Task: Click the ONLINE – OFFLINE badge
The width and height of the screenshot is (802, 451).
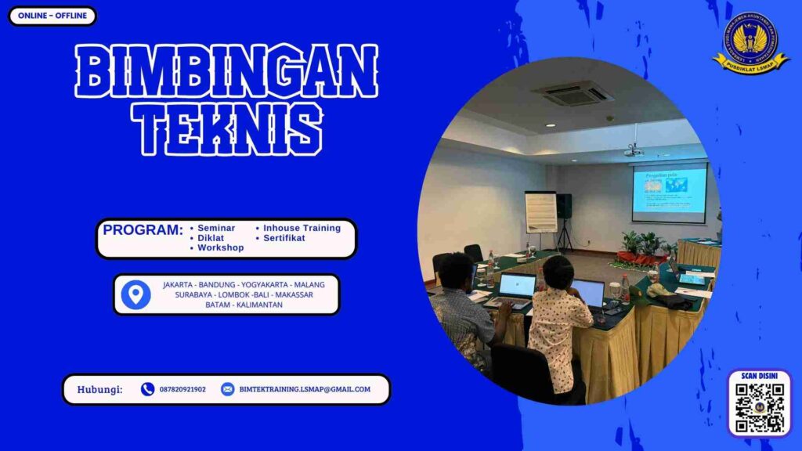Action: [52, 16]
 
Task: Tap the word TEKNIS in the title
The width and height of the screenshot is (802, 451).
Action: [226, 128]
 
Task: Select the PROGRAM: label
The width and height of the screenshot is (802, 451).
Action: [143, 230]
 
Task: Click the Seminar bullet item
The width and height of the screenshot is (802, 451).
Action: [216, 228]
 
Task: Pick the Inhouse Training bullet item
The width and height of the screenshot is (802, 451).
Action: [302, 228]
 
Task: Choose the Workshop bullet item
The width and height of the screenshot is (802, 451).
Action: [220, 247]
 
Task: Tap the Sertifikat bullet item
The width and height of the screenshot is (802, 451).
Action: [284, 238]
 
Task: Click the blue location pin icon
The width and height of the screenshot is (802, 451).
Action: [136, 294]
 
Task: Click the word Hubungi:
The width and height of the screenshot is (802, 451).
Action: [99, 389]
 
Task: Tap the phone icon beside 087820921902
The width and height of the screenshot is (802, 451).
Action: [147, 389]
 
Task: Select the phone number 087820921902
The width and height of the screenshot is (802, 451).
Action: [182, 389]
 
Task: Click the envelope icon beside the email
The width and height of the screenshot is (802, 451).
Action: [227, 389]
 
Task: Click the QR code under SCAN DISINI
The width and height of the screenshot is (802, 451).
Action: [759, 408]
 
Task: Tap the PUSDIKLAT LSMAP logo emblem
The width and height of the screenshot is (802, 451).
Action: [751, 42]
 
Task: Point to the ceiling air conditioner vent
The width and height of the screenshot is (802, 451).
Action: [573, 93]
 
